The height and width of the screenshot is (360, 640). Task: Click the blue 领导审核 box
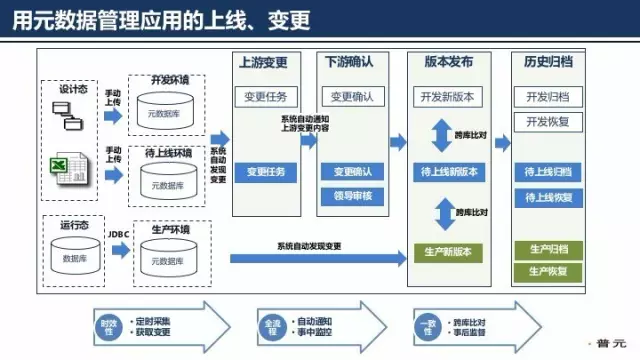[350, 196]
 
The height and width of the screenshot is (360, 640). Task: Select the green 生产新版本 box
[449, 250]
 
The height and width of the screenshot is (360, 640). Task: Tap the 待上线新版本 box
[449, 172]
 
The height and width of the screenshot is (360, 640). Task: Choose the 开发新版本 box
[449, 97]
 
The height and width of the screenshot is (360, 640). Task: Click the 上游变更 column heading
[265, 62]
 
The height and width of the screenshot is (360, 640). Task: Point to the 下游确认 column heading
[350, 62]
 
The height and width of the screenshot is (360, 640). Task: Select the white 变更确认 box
[350, 97]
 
